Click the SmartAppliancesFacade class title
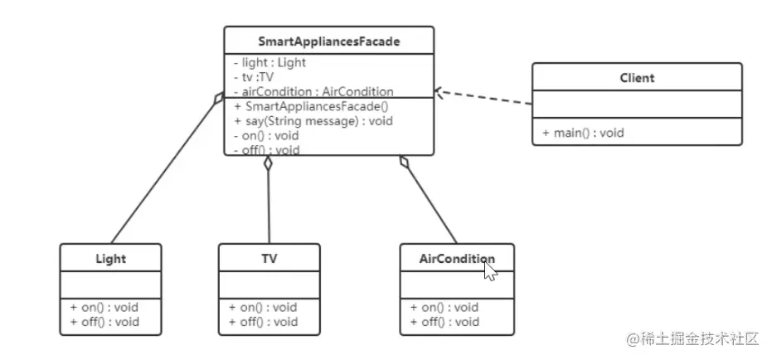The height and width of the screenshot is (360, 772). tap(328, 40)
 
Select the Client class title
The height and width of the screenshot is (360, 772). tap(636, 78)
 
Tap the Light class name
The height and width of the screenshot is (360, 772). tap(110, 258)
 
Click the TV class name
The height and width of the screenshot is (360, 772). tap(269, 258)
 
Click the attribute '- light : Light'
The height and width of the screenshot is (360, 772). tap(270, 62)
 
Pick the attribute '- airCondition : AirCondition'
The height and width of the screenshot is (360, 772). tap(313, 91)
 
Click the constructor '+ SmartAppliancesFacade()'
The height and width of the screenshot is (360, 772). tap(311, 106)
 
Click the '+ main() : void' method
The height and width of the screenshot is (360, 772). tap(583, 133)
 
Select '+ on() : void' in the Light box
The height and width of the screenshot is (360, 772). tap(104, 307)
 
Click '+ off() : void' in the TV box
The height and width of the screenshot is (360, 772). tap(263, 322)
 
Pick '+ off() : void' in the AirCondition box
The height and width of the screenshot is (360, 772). tap(444, 322)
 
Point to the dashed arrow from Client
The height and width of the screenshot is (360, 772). tap(485, 98)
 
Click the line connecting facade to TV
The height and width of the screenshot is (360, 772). tap(269, 203)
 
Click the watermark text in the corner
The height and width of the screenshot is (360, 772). tap(692, 339)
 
